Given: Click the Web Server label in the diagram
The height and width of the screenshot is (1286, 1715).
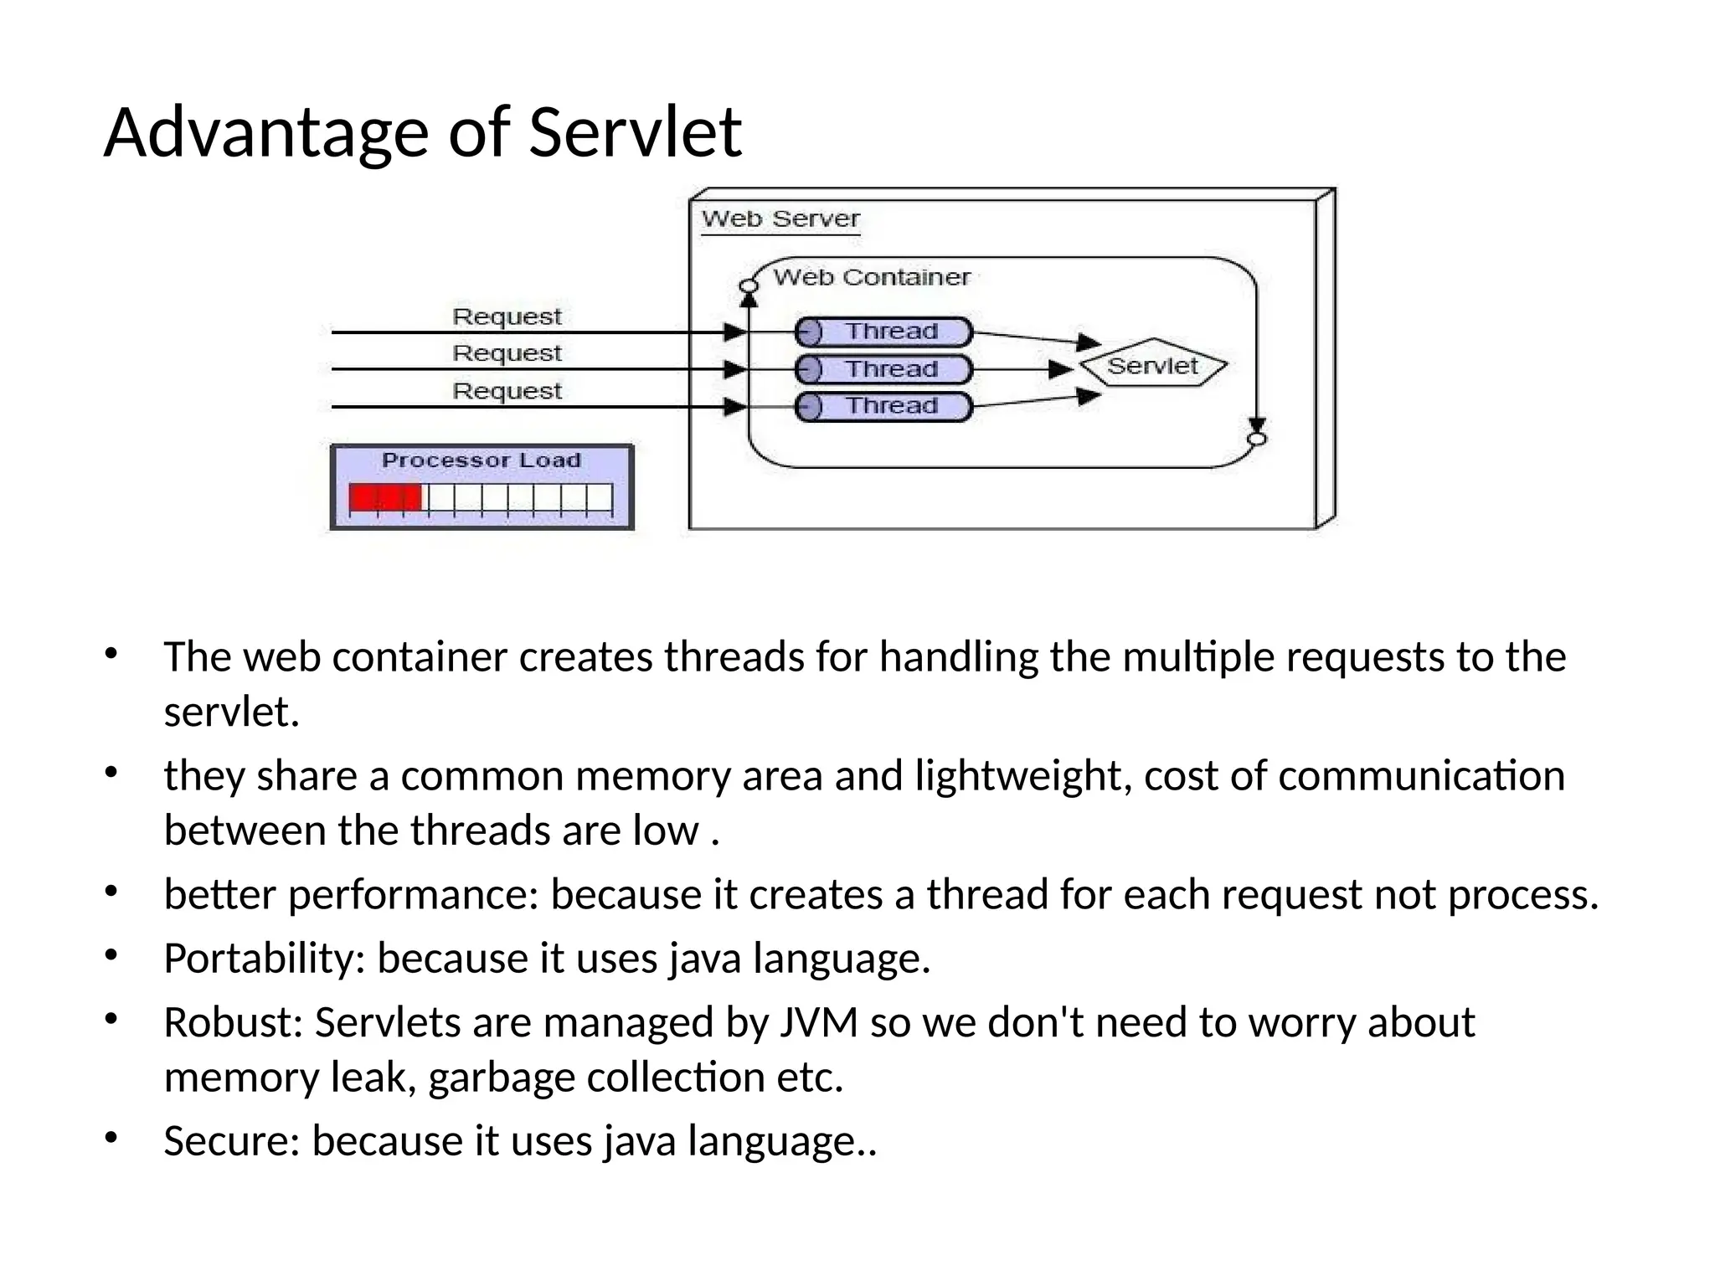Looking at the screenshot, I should pyautogui.click(x=780, y=219).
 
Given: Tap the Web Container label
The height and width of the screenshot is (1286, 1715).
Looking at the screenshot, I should pyautogui.click(x=871, y=277).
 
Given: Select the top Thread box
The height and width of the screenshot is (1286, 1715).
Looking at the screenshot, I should pyautogui.click(x=883, y=332).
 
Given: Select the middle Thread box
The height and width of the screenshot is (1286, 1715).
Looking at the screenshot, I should pyautogui.click(x=883, y=369).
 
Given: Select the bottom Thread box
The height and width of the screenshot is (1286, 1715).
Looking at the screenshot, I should pyautogui.click(x=883, y=407).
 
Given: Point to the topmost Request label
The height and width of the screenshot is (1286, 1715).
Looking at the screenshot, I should pyautogui.click(x=507, y=316).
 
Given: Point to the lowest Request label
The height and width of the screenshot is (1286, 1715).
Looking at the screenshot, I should pyautogui.click(x=507, y=391).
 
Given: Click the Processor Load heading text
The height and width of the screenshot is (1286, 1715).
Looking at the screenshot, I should pyautogui.click(x=481, y=460).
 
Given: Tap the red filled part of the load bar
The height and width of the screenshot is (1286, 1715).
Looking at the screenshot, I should pyautogui.click(x=385, y=498).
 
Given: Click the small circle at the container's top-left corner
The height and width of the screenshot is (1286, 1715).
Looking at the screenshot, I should pyautogui.click(x=749, y=286).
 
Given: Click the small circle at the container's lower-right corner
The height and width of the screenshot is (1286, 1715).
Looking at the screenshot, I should pyautogui.click(x=1256, y=439).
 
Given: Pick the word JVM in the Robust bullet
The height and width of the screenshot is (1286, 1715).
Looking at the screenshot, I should pyautogui.click(x=819, y=1022).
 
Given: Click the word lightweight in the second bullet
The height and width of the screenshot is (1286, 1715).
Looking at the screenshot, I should pyautogui.click(x=1017, y=775).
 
